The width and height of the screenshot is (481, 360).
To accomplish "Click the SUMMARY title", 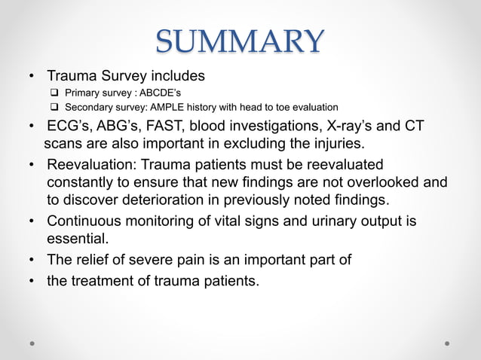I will point(240,41).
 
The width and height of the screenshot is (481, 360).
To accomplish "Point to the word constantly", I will point(80,182).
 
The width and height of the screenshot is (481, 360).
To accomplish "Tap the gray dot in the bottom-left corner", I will point(32,343).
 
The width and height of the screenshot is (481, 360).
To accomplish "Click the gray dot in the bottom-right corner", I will point(447,343).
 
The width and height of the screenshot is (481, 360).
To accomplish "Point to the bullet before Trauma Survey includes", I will point(32,77).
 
